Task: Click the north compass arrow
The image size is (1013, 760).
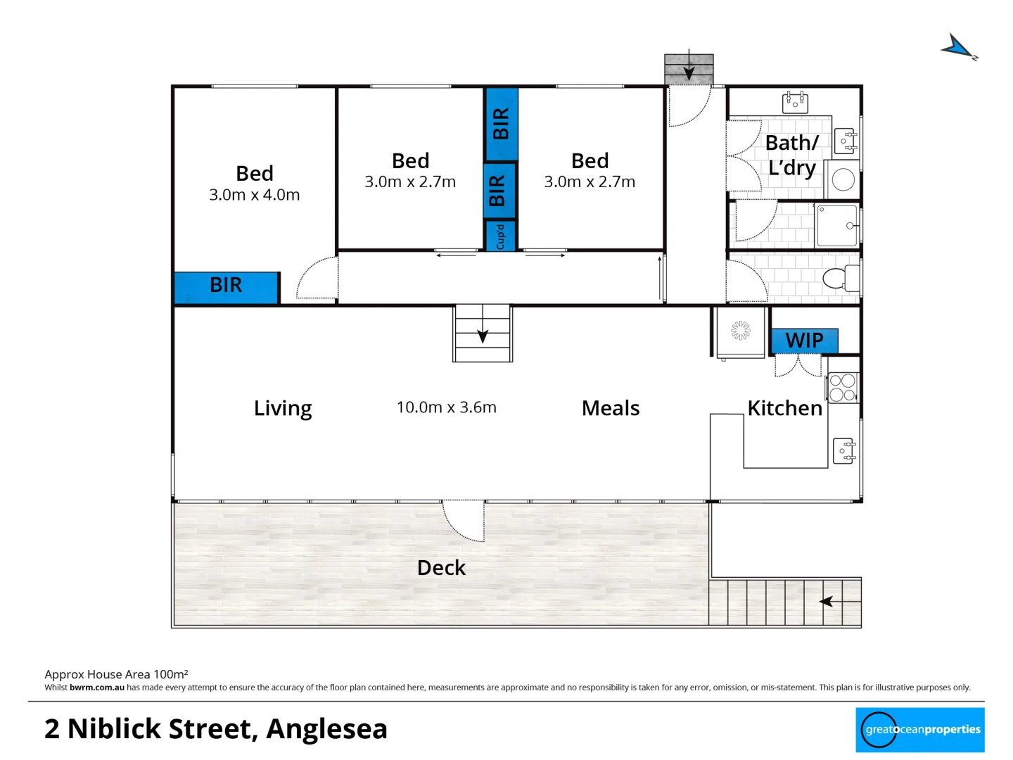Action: pyautogui.click(x=958, y=48)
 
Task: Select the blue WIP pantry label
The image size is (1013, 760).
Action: pyautogui.click(x=804, y=341)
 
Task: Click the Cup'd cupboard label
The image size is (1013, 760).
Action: pyautogui.click(x=500, y=236)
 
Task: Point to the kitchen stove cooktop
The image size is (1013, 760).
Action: pyautogui.click(x=842, y=388)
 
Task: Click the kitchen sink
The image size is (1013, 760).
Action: pyautogui.click(x=843, y=450)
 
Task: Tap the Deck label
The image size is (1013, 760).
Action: pyautogui.click(x=441, y=568)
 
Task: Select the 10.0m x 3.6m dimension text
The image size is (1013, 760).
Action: pyautogui.click(x=446, y=407)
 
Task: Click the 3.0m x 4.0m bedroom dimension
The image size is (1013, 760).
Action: pyautogui.click(x=254, y=195)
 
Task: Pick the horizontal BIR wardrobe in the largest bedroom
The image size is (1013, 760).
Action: pyautogui.click(x=226, y=286)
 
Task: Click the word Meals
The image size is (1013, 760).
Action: pyautogui.click(x=610, y=408)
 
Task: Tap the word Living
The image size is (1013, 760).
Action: pyautogui.click(x=282, y=408)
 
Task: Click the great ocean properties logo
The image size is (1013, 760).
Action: pyautogui.click(x=919, y=730)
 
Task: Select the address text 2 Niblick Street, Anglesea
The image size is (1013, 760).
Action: pyautogui.click(x=215, y=729)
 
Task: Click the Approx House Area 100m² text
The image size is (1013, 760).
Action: pyautogui.click(x=116, y=674)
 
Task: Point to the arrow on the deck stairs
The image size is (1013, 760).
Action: pyautogui.click(x=827, y=602)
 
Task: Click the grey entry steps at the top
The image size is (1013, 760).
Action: pyautogui.click(x=689, y=69)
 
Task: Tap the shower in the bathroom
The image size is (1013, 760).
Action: pyautogui.click(x=837, y=225)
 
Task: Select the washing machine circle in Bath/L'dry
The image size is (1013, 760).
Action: pyautogui.click(x=843, y=179)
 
